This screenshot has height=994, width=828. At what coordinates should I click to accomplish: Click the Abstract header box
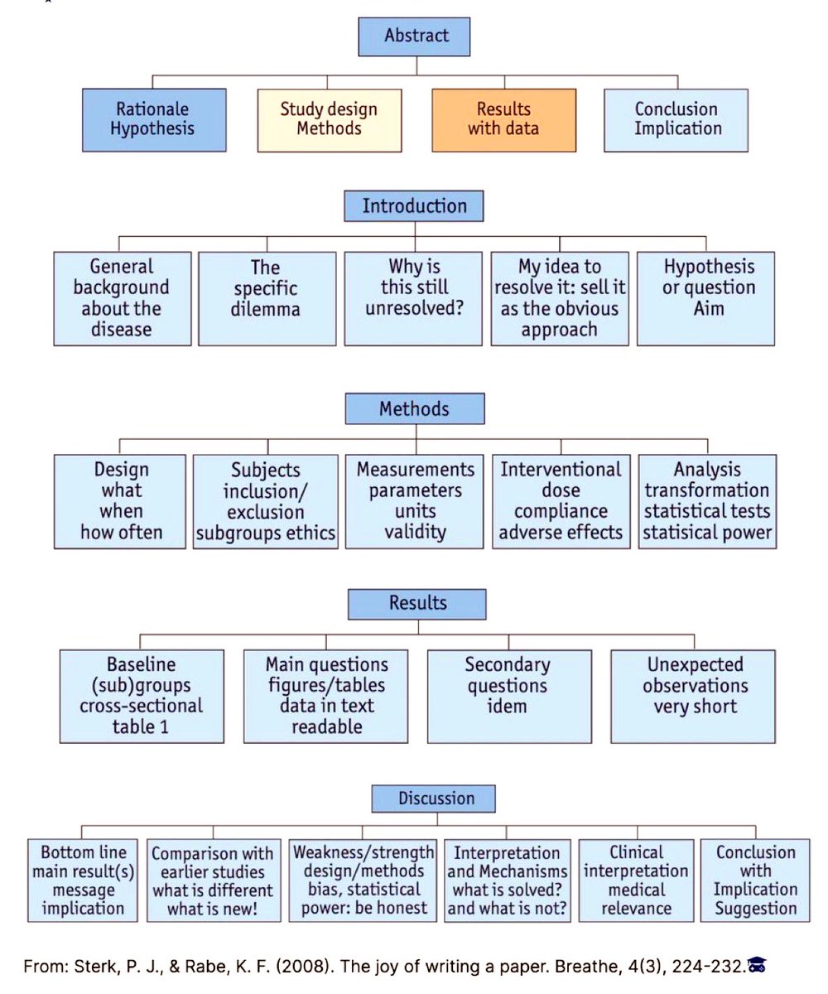pos(416,36)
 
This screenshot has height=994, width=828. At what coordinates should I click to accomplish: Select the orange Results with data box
pos(503,119)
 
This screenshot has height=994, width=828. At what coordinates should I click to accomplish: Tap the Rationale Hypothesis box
pos(154,119)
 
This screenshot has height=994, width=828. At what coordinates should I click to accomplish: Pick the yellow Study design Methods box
pos(329,119)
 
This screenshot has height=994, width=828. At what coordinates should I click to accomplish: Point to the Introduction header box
pos(414,206)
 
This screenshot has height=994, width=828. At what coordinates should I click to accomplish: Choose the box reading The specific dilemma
pos(266,298)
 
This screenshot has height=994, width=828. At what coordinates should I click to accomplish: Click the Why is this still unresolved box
pos(413,298)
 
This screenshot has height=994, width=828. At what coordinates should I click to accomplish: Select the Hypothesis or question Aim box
pos(705,298)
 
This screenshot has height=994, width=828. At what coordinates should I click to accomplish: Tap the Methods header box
pos(415,409)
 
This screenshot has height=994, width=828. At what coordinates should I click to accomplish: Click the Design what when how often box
pos(121,501)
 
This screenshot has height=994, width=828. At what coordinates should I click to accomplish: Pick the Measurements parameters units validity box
pos(415,501)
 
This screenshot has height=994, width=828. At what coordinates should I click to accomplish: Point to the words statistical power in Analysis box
pos(708,533)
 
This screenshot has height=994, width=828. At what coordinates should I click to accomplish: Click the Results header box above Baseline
pos(417,603)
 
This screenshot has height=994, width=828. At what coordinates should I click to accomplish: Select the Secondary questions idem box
pos(508,696)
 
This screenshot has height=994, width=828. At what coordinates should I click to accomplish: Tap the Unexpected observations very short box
pos(694,696)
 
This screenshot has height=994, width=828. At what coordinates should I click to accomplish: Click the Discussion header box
pos(433,799)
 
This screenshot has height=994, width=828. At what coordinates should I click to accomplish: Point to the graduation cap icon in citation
pos(758,965)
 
